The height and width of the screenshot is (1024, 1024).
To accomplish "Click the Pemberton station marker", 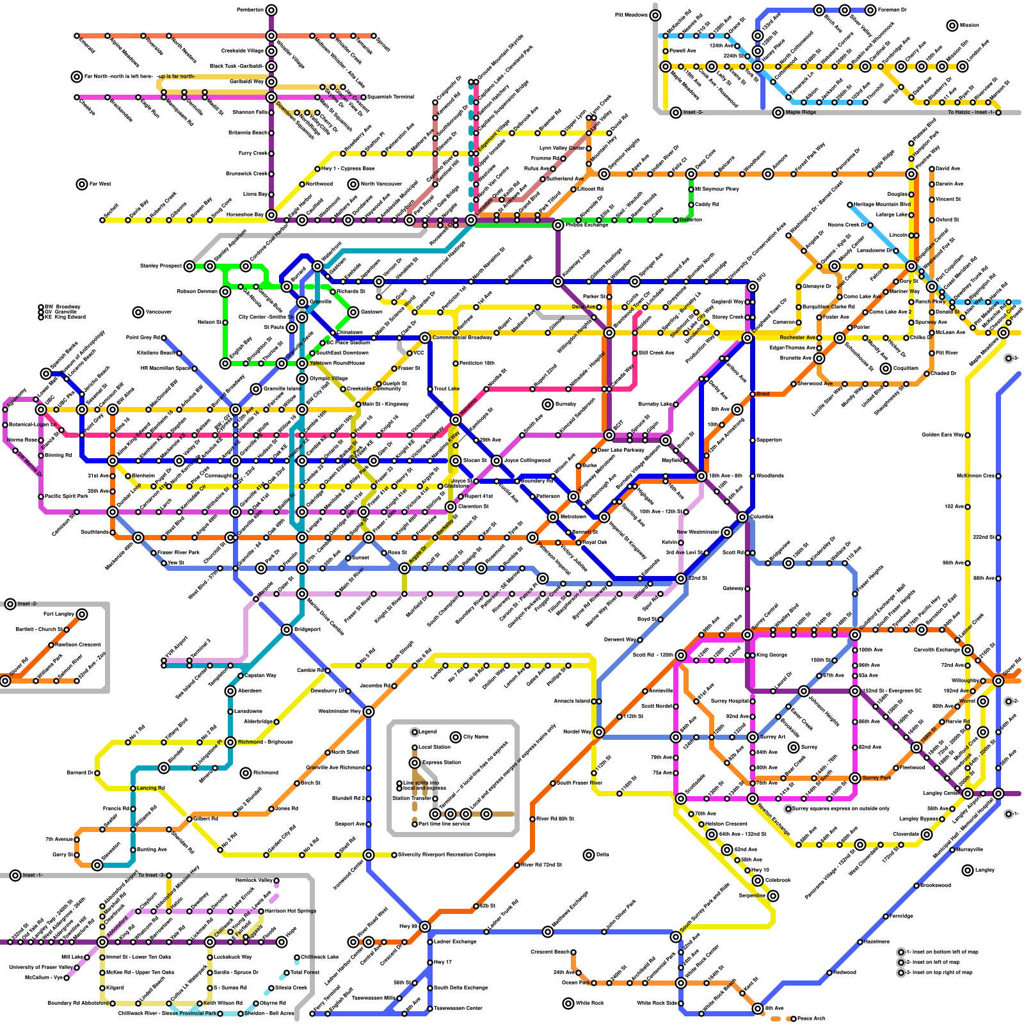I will coord(271,10).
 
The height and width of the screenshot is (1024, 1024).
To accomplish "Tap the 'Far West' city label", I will coord(100,184).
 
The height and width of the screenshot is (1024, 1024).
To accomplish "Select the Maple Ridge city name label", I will coord(801,113).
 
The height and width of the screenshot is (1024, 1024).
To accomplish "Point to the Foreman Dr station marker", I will coord(870,10).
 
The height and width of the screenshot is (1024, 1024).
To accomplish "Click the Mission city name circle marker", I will coord(952,26).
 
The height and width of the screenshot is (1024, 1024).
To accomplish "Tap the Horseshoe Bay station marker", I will coord(271,215).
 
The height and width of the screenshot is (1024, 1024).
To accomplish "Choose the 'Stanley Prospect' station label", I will coord(161,266).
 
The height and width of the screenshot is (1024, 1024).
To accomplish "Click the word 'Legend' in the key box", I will coord(427,732).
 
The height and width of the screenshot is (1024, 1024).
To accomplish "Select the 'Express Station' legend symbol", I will coord(415,763).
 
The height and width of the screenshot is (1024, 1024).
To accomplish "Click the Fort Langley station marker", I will coord(82,614).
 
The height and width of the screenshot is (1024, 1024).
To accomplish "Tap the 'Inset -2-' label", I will coord(28,604).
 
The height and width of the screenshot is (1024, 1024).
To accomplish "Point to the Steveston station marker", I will coord(97,865).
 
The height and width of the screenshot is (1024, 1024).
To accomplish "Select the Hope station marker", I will coord(282,942).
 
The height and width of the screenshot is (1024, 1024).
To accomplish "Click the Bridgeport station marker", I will coord(287,630).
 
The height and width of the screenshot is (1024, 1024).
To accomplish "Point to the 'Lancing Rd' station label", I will coord(151,788).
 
